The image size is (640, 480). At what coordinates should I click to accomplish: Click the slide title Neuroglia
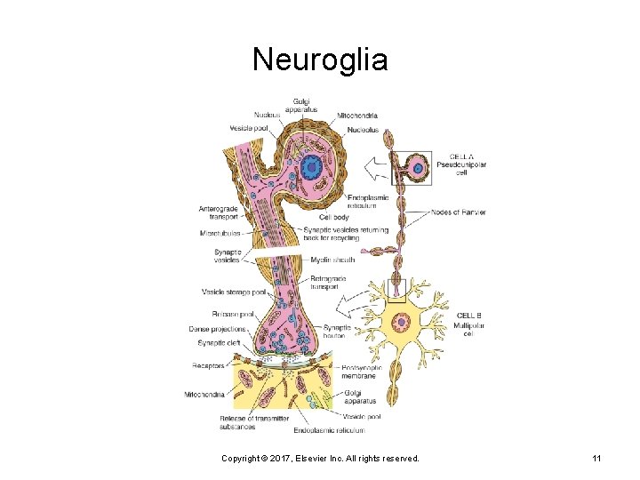tap(320, 60)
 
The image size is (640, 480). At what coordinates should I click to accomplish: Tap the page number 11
tap(596, 458)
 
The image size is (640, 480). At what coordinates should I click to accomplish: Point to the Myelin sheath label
tap(332, 260)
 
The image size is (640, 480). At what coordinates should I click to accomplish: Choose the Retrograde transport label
tap(328, 283)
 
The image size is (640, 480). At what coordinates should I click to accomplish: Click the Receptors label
tap(208, 365)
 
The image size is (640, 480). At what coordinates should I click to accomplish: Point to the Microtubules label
tap(220, 235)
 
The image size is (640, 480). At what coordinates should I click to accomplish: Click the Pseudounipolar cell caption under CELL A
tap(461, 169)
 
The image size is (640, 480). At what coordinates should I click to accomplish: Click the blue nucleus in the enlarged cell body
tap(312, 166)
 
